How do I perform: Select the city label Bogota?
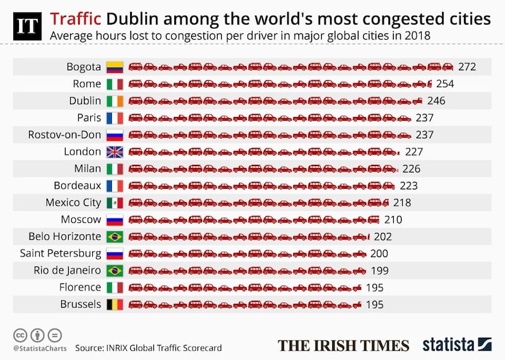coord(83,66)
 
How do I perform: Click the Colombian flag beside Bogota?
coord(115,66)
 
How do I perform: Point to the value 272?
coord(467,66)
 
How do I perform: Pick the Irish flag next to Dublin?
coord(115,100)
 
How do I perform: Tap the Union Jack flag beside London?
coord(115,152)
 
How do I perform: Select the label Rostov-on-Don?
coord(64,135)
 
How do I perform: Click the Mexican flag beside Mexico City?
coord(115,203)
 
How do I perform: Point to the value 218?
coord(401,203)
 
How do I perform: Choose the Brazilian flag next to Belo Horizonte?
coord(115,237)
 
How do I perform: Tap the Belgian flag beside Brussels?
coord(115,304)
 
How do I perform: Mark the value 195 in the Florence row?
coord(374,287)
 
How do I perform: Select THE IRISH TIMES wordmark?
coord(343,345)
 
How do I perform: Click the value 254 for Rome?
coord(444,83)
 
